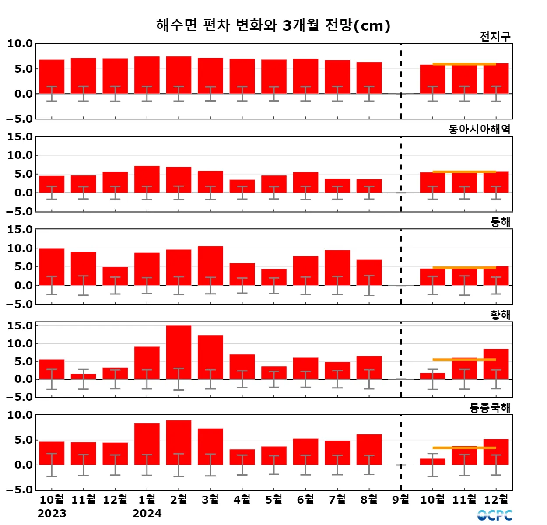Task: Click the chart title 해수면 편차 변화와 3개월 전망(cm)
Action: (x=273, y=25)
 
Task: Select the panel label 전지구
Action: (x=495, y=37)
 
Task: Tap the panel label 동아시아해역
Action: (x=479, y=129)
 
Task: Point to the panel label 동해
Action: (x=500, y=222)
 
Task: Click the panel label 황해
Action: (x=500, y=315)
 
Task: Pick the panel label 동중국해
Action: (x=490, y=408)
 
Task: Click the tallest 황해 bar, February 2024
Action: (x=179, y=352)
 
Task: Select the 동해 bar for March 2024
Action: (x=210, y=266)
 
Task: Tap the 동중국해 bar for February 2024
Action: (x=179, y=442)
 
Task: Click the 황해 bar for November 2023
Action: (x=83, y=377)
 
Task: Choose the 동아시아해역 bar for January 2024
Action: (x=147, y=179)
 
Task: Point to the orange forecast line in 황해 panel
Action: (x=464, y=360)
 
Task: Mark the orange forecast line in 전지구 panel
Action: (x=464, y=64)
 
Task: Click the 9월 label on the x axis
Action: (x=401, y=500)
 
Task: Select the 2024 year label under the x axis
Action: (x=147, y=514)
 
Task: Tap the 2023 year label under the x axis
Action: (x=52, y=514)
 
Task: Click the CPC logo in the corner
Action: (x=494, y=515)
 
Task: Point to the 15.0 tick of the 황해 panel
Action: (x=20, y=326)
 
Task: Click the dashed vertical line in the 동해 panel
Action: (x=401, y=262)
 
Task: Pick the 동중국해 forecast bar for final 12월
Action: (x=496, y=451)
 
